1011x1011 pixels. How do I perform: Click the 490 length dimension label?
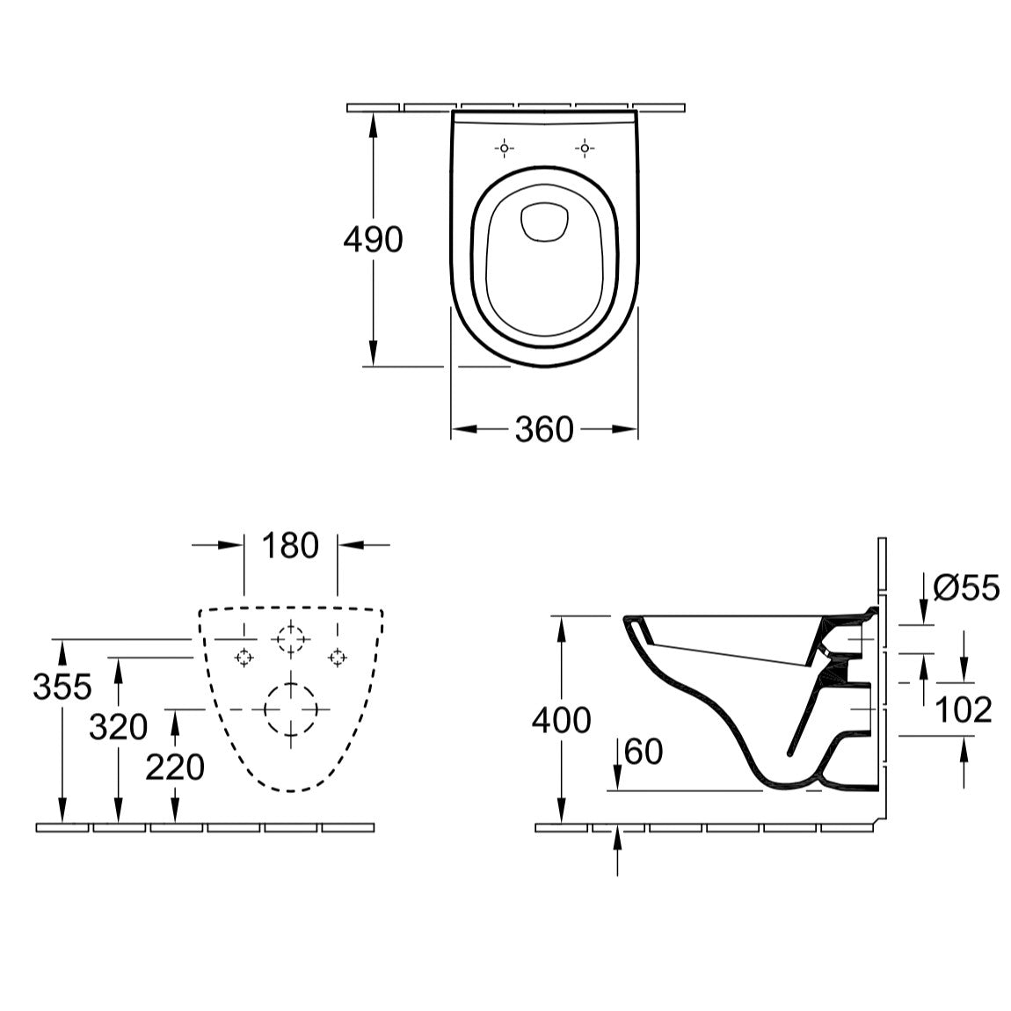pyautogui.click(x=373, y=239)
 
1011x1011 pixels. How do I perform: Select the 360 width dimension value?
pyautogui.click(x=544, y=429)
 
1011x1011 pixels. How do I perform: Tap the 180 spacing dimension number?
pyautogui.click(x=290, y=545)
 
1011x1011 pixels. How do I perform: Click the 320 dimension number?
pyautogui.click(x=118, y=727)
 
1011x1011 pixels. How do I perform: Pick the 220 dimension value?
pyautogui.click(x=175, y=767)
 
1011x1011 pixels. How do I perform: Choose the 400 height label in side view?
pyautogui.click(x=561, y=720)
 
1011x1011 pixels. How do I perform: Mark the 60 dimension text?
pyautogui.click(x=644, y=752)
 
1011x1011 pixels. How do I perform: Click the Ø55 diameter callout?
pyautogui.click(x=966, y=587)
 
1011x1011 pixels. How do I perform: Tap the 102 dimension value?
pyautogui.click(x=964, y=709)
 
